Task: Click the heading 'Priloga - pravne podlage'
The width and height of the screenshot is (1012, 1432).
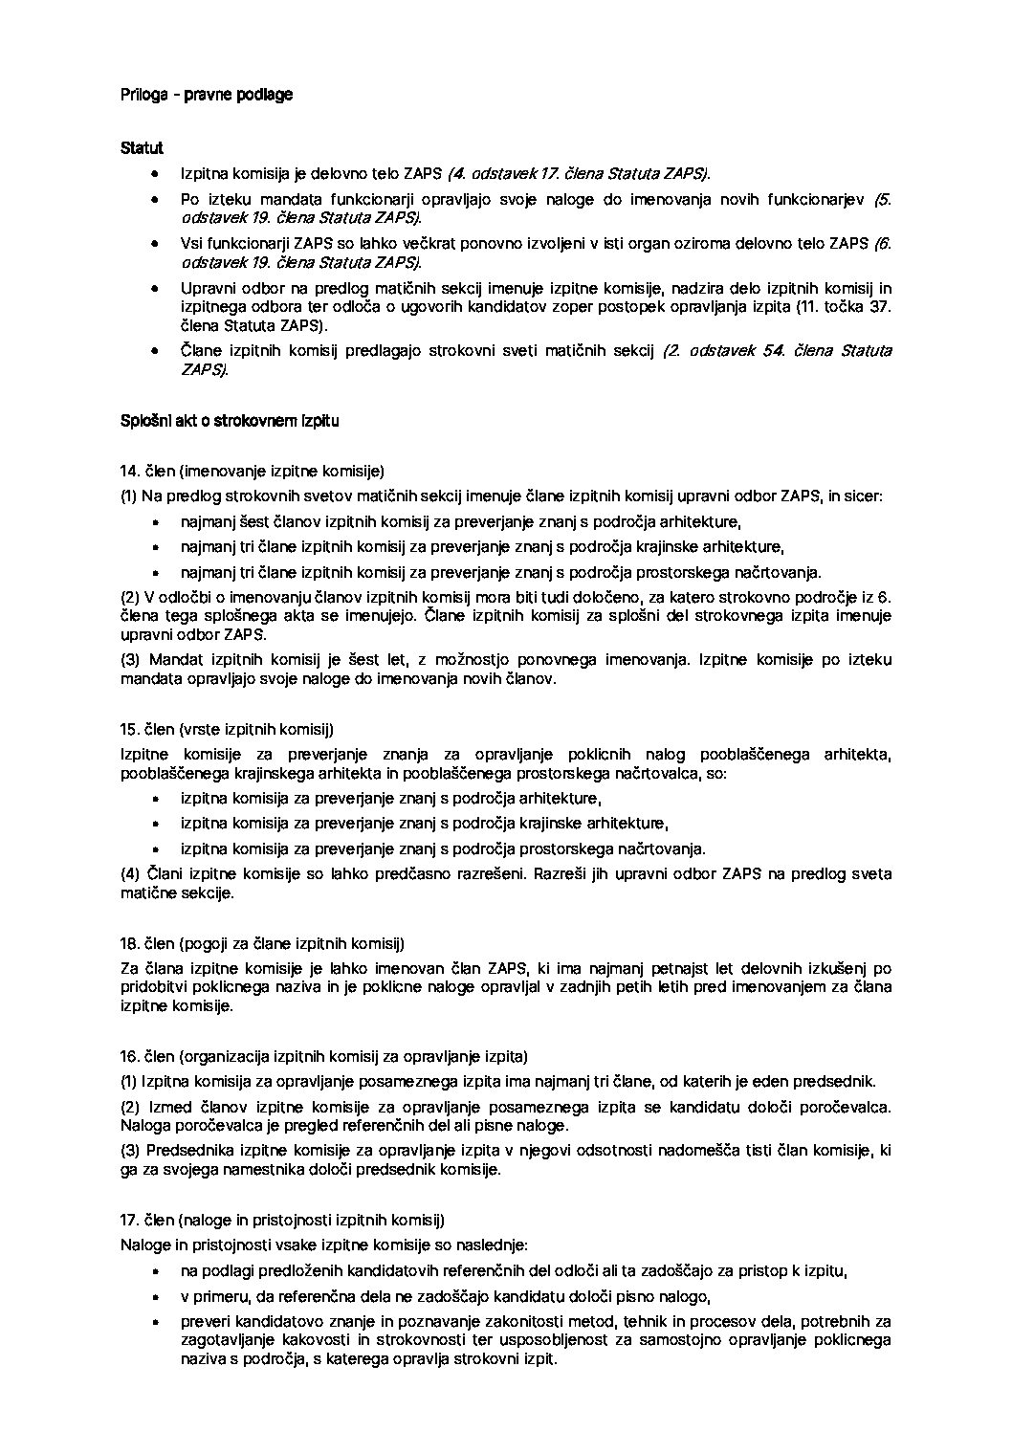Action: (x=207, y=95)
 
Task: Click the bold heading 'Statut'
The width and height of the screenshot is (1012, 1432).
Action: (x=142, y=148)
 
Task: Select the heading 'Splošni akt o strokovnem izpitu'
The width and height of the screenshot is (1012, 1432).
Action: (x=230, y=420)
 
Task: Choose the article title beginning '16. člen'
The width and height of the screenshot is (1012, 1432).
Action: (x=324, y=1057)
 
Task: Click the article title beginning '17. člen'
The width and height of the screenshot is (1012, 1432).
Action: (x=283, y=1221)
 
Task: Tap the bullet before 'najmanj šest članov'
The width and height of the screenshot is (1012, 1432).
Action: (x=156, y=522)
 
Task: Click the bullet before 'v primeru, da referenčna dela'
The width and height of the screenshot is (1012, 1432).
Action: (x=156, y=1297)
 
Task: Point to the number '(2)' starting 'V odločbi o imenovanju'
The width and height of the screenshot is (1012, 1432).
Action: (x=130, y=597)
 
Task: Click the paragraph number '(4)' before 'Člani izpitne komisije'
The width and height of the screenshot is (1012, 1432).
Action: (x=130, y=874)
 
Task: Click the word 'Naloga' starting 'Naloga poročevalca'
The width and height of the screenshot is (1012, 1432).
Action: (x=143, y=1126)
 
